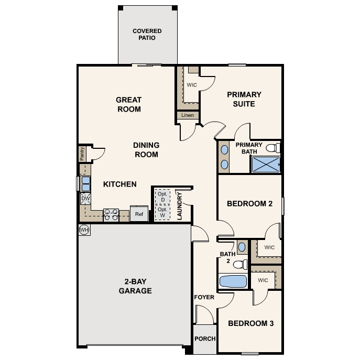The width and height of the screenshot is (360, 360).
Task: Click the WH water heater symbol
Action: [x=84, y=230]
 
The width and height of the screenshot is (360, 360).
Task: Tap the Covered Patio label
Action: [x=147, y=35]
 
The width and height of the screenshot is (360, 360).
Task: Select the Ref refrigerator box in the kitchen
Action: [x=139, y=214]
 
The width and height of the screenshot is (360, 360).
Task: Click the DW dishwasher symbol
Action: [x=85, y=199]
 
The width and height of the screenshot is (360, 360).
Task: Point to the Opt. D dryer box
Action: [x=162, y=197]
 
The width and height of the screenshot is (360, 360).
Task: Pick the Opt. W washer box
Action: [x=162, y=212]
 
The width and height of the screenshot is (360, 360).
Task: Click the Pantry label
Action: [x=82, y=154]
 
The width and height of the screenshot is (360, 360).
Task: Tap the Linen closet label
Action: [x=187, y=115]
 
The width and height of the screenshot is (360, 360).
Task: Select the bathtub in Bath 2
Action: [x=233, y=281]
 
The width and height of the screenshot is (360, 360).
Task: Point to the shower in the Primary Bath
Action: [x=266, y=165]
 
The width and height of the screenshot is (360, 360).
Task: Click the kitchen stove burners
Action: [x=111, y=214]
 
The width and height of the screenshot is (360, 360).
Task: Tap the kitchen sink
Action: [x=85, y=183]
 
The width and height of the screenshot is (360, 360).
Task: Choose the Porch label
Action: [x=205, y=339]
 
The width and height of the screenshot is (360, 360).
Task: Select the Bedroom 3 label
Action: [x=251, y=323]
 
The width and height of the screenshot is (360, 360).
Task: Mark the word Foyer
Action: [x=204, y=297]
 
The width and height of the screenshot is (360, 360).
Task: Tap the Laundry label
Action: [x=180, y=205]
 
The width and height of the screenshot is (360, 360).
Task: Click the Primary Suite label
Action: [x=244, y=99]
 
